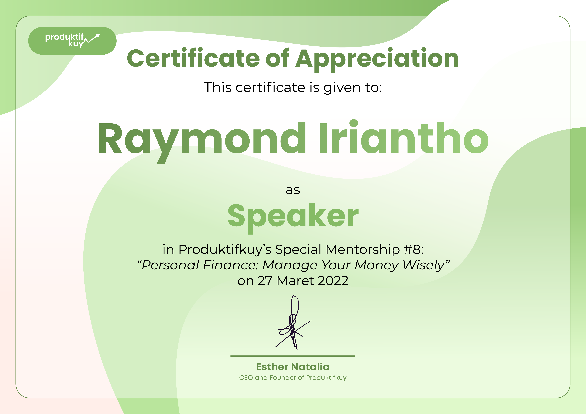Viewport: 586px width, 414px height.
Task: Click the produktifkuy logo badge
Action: coord(72,41)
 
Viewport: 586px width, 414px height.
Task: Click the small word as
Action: coord(293,190)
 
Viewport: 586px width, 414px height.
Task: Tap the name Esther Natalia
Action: coord(293,367)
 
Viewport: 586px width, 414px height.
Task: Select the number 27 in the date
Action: coord(265,281)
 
